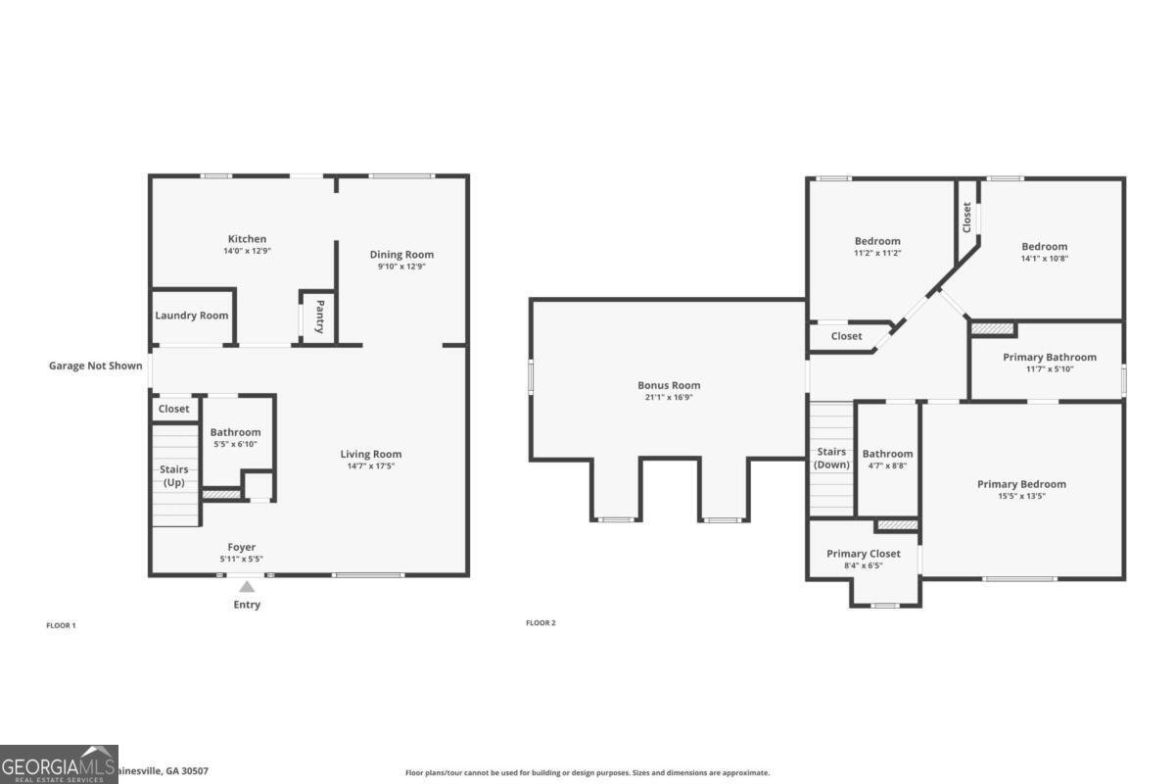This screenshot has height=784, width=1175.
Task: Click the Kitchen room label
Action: point(247,239)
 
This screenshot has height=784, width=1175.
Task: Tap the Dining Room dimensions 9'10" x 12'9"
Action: point(401,267)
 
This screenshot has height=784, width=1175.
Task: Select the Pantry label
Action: point(319,318)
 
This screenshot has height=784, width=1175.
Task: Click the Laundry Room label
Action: point(192,316)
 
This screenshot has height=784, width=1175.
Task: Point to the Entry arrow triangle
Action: point(247,587)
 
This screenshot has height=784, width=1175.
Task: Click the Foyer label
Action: point(241,547)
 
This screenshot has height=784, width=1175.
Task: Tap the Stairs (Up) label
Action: point(174,476)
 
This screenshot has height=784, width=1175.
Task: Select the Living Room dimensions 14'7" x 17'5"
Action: point(371,465)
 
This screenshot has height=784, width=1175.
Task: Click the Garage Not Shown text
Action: point(96,367)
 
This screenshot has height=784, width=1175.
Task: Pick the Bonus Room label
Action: point(669,385)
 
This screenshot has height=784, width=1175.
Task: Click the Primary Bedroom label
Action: point(1021,484)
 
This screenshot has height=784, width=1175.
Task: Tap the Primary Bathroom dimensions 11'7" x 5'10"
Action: point(1050,369)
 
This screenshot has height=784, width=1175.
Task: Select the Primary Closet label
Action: point(862,554)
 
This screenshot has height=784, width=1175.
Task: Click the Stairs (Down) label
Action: point(831,459)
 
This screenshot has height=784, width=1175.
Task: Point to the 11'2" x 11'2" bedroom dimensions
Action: point(877,253)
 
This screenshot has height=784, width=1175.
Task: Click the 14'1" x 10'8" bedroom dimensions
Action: point(1045,259)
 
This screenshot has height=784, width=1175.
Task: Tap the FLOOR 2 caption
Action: point(540,623)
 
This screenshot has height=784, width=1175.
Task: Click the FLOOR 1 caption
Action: point(61,625)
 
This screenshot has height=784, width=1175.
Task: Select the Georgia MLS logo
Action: point(59,764)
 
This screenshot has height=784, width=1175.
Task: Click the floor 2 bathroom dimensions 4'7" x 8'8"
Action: point(887,465)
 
